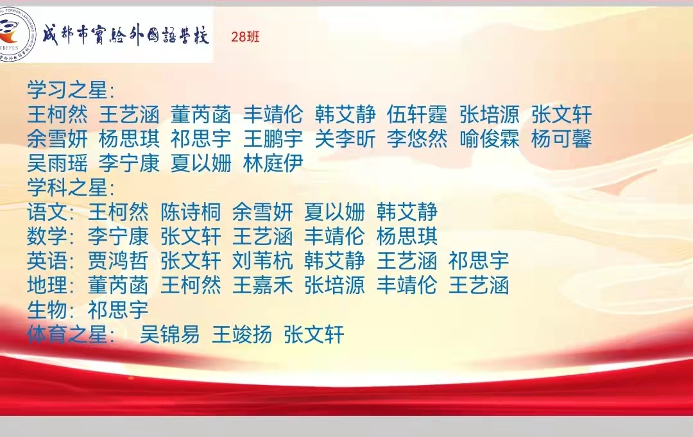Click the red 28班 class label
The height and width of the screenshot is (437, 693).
click(245, 37)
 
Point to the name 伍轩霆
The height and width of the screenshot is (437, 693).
click(417, 114)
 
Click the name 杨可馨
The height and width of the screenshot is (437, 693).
click(561, 139)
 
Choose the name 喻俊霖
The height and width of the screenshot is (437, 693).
click(489, 139)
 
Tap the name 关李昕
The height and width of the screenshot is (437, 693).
click(345, 139)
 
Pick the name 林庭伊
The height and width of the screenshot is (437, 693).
click(273, 163)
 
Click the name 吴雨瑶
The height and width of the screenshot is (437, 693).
click(58, 163)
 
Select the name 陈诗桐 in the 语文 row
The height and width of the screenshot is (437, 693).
click(191, 212)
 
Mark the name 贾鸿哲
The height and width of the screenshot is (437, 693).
click(118, 261)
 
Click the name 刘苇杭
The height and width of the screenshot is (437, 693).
click(262, 261)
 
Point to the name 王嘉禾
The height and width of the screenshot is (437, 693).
click(262, 285)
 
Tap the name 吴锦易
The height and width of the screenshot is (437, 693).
click(169, 334)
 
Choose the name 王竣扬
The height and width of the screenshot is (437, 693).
click(242, 334)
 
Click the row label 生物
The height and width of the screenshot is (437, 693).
click(47, 310)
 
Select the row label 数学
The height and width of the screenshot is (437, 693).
click(47, 236)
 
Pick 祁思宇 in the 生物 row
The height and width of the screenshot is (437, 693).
click(118, 310)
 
